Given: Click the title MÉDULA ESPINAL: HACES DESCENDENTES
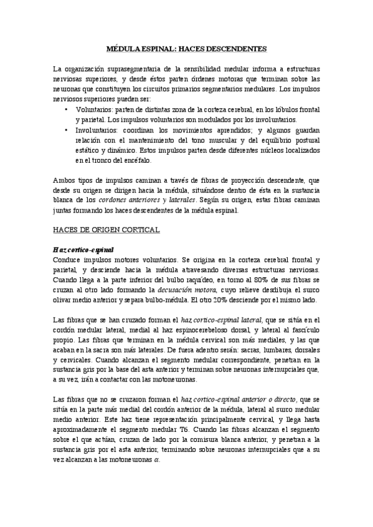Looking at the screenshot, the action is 187,47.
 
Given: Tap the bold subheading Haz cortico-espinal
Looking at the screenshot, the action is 82,250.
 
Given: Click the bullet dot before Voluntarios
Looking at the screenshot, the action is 67,109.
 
